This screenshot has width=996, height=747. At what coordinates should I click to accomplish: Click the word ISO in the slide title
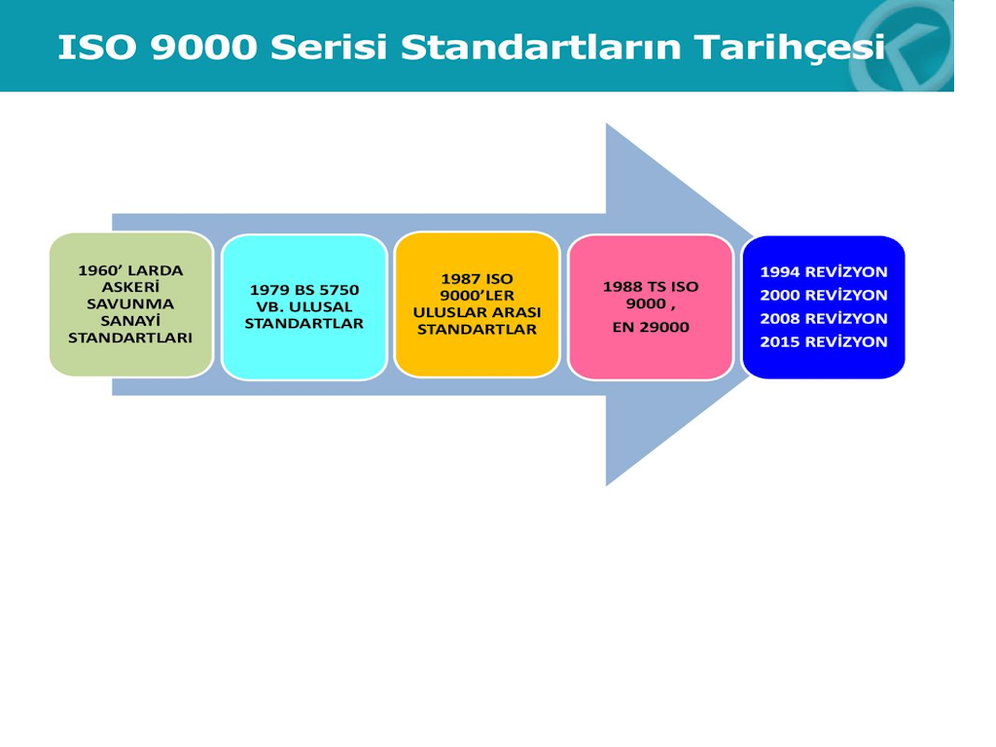[96, 47]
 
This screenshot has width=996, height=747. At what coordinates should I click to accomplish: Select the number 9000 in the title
[204, 47]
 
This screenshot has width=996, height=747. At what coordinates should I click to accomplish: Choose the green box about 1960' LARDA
[131, 304]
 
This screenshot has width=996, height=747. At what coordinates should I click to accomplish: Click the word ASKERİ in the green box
[130, 287]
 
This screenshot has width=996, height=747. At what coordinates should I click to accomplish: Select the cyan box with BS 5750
[304, 306]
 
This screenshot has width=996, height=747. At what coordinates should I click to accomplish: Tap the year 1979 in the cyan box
[269, 290]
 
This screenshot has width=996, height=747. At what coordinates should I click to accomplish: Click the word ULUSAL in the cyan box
[320, 306]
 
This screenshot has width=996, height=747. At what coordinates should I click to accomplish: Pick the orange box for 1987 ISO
[477, 304]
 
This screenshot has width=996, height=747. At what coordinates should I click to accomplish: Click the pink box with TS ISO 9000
[651, 306]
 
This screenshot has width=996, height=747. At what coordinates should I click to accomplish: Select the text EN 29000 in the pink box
[651, 327]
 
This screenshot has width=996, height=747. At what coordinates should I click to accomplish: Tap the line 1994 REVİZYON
[824, 272]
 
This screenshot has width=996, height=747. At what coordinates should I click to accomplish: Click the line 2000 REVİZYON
[824, 296]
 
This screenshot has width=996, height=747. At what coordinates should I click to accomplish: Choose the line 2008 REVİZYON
[824, 318]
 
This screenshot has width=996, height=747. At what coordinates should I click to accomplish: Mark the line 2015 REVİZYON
[824, 341]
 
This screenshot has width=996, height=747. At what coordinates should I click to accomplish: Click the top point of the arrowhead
[607, 124]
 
